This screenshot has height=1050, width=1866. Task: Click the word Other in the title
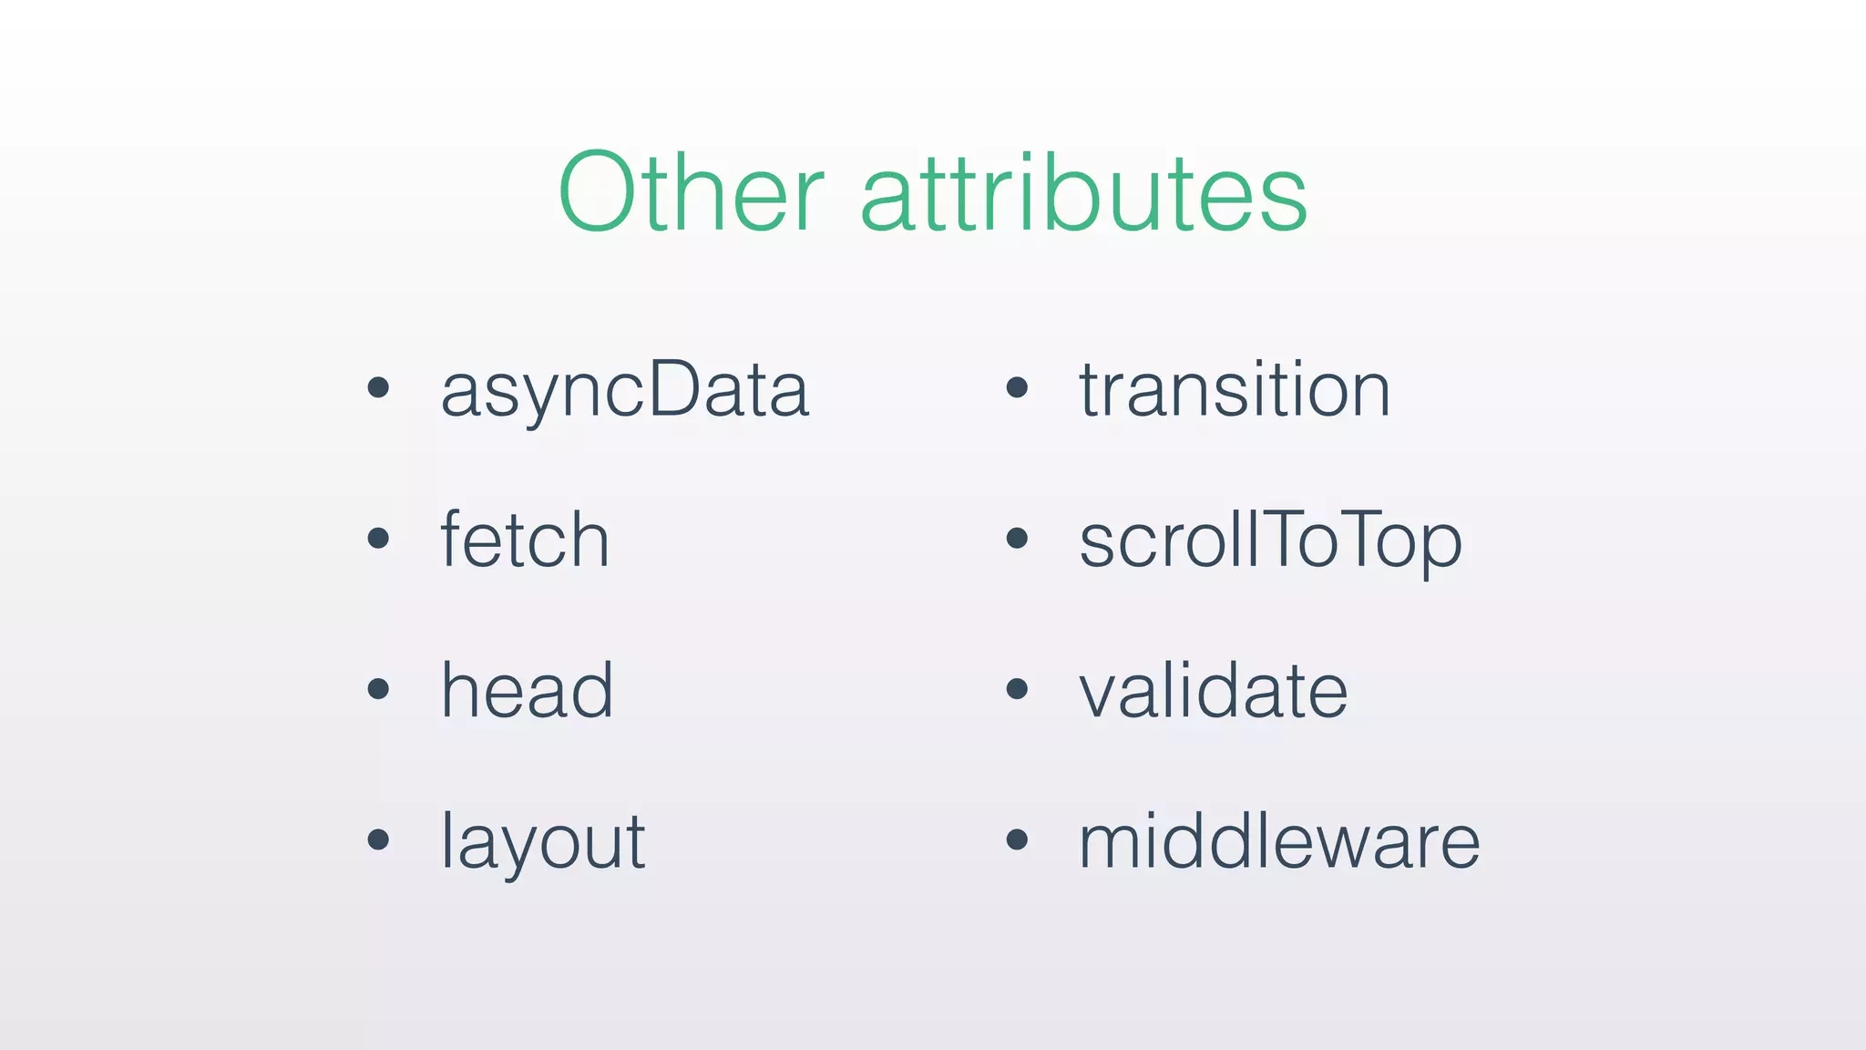(691, 192)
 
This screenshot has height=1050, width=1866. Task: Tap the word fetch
(525, 540)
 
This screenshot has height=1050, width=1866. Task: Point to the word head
(527, 690)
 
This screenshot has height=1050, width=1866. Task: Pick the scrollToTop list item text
(1270, 540)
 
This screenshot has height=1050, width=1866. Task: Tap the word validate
(1213, 690)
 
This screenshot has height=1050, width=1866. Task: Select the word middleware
(1279, 841)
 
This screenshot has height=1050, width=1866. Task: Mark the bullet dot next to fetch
(378, 539)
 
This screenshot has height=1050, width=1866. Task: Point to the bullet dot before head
(378, 689)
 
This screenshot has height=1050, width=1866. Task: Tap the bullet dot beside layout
(378, 839)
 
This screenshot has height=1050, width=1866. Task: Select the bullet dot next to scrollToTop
(1017, 539)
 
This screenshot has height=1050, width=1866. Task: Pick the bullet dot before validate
(1017, 689)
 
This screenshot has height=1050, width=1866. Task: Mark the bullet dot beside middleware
(1017, 839)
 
